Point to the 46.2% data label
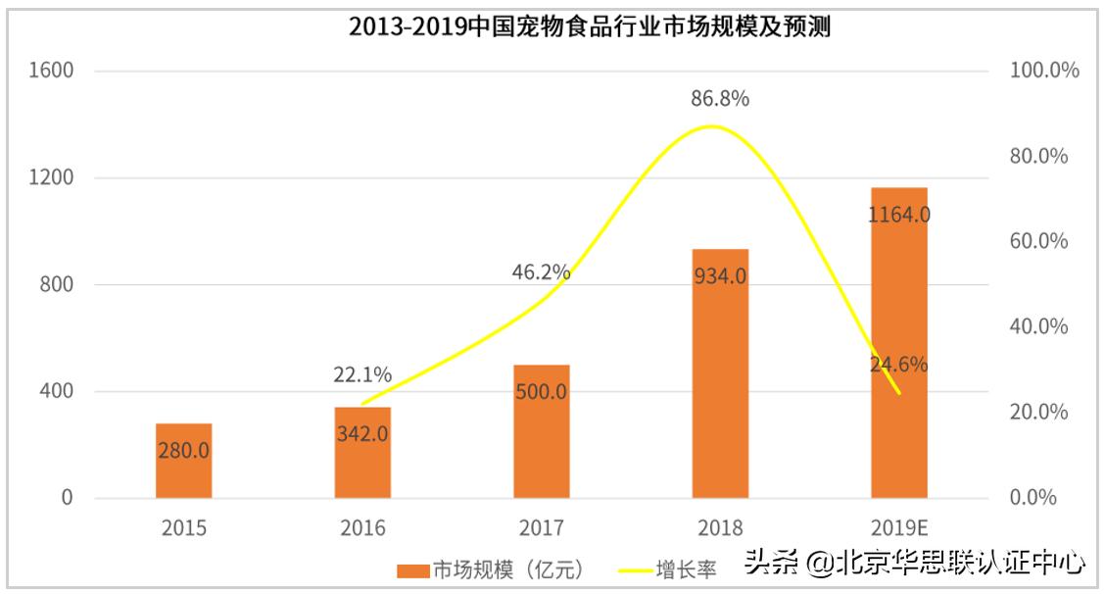[x=541, y=272]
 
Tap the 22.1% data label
[x=362, y=374]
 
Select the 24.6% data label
[x=898, y=365]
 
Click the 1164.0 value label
[x=898, y=214]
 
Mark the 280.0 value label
[x=183, y=451]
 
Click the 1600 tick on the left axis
[x=53, y=71]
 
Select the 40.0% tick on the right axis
[x=1038, y=326]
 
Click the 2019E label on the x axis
[x=898, y=528]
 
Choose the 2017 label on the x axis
[x=541, y=528]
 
